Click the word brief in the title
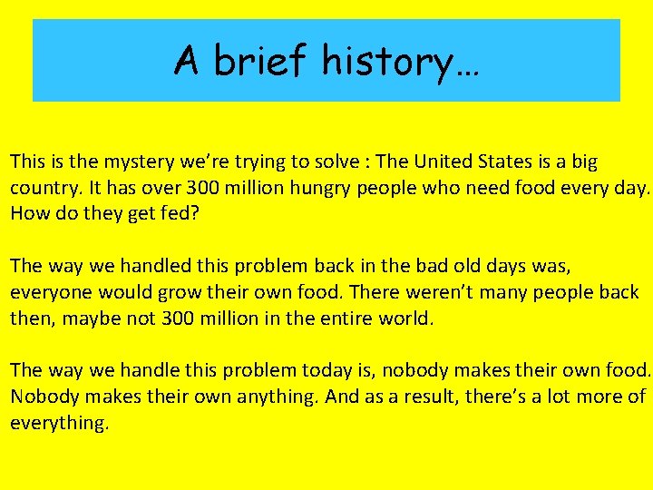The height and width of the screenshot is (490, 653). tap(262, 61)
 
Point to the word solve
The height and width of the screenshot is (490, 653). tap(334, 162)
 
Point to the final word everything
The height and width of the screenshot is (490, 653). tap(59, 424)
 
